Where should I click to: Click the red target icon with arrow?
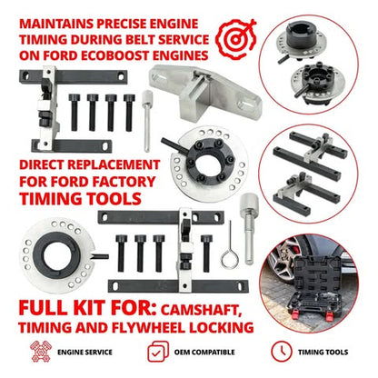click(235, 39)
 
